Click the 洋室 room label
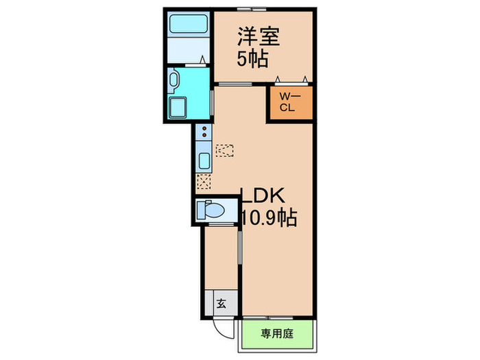[252, 35]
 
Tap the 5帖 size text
[252, 58]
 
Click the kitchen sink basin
[204, 162]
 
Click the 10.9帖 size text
[269, 219]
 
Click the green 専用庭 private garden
[278, 335]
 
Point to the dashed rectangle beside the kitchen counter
[224, 150]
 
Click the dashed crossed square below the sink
[204, 181]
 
